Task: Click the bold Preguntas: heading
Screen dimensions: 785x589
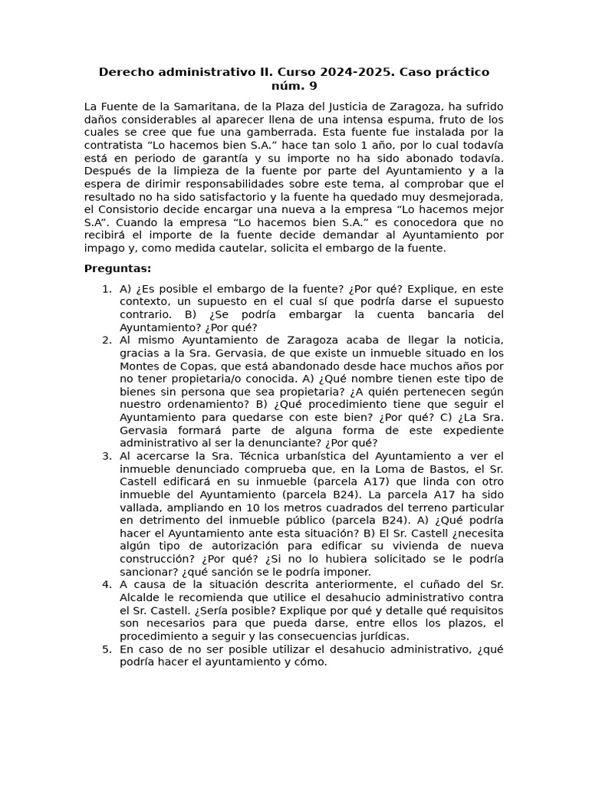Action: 117,268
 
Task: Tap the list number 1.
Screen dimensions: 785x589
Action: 107,289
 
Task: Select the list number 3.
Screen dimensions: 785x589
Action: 107,456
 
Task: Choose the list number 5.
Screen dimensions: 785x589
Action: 107,649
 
